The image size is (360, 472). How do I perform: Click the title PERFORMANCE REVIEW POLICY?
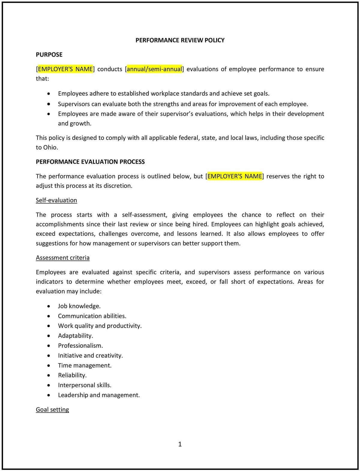click(180, 40)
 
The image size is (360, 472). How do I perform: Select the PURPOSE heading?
click(49, 55)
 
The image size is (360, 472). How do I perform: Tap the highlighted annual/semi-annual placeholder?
click(154, 69)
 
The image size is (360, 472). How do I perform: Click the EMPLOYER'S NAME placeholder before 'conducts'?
click(65, 69)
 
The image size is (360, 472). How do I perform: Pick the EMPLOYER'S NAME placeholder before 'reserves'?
click(235, 176)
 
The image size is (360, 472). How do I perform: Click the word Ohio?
click(50, 147)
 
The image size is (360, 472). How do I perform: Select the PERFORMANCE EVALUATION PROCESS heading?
click(90, 162)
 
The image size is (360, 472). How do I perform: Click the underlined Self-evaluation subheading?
click(56, 200)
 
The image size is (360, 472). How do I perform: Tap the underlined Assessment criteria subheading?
click(63, 258)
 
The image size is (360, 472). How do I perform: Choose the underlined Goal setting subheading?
click(52, 410)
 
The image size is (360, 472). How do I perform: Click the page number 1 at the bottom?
click(180, 444)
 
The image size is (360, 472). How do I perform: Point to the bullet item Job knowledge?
click(79, 306)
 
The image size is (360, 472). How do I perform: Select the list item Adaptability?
click(76, 336)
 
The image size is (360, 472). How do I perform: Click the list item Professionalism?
click(80, 346)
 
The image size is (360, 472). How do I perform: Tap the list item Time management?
click(85, 365)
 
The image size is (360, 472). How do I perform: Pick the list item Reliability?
click(72, 375)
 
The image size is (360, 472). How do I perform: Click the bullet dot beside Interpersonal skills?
click(49, 385)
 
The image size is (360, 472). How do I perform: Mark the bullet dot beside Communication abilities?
click(49, 316)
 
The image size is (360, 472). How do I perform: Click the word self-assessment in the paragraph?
click(145, 215)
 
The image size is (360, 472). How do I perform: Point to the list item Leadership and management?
click(99, 395)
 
